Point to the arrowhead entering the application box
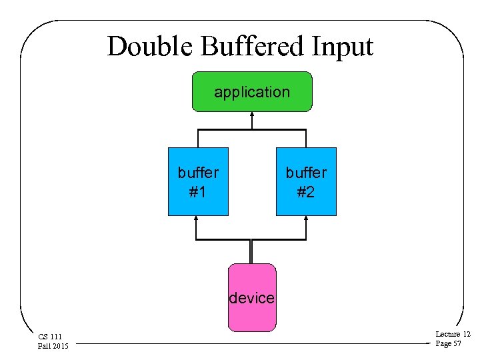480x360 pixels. coord(251,115)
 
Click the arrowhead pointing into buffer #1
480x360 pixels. coord(197,219)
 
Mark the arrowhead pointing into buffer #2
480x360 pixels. coord(306,219)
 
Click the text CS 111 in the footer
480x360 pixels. coord(49,337)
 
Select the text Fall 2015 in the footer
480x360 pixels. coord(53,345)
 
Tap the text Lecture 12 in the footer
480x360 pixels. coord(453,334)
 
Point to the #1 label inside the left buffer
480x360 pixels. coord(197,192)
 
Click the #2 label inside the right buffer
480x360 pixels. coord(306,192)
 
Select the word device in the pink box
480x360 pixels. coord(251,298)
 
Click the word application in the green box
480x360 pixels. coord(251,92)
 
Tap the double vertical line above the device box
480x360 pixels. coord(251,251)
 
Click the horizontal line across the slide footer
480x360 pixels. coord(253,345)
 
